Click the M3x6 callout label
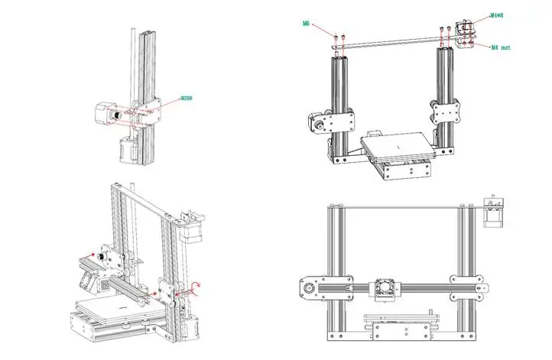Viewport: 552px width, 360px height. click(186, 99)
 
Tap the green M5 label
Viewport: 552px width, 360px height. click(306, 24)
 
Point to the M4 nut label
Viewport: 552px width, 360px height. click(499, 46)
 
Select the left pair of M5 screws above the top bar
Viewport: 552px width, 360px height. click(339, 35)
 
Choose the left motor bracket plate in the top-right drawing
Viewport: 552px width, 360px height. click(337, 122)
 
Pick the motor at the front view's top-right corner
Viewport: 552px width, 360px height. click(492, 215)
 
